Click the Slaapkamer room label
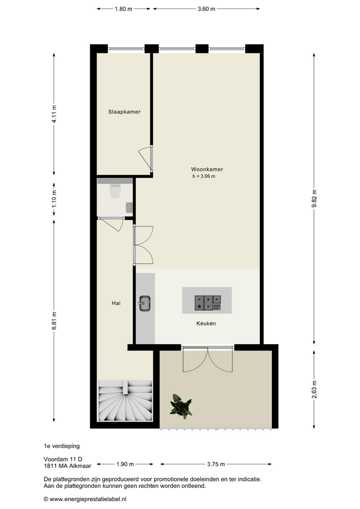coord(124,112)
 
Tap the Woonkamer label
coord(207,169)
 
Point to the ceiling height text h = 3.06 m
coord(204,176)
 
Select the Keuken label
coord(206,323)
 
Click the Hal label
coord(116,303)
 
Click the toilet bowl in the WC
coord(115,191)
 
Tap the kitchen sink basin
coord(145,303)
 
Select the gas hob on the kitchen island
coord(208,303)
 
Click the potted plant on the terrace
coord(181,406)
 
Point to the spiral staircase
coord(125,400)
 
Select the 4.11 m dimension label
coord(54,114)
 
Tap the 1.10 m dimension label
coord(54,199)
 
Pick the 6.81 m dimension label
coord(54,321)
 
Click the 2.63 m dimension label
coord(314,389)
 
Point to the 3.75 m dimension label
coord(216,464)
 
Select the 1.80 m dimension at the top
coord(124,9)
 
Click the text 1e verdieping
coord(62,446)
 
